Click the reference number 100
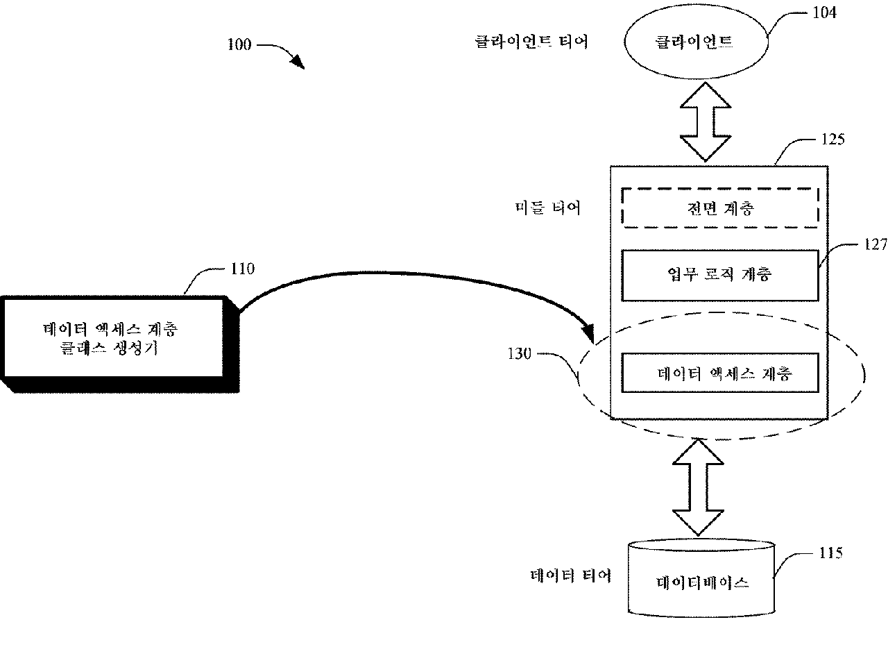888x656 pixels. [x=240, y=45]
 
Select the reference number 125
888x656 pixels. [x=832, y=139]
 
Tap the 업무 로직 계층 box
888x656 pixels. [x=717, y=275]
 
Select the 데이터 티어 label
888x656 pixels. [x=570, y=575]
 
